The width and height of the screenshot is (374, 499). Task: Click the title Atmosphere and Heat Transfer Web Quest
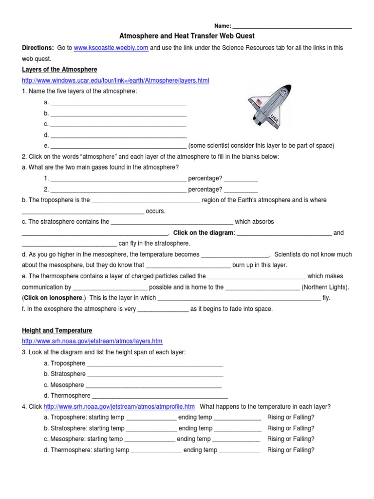point(187,36)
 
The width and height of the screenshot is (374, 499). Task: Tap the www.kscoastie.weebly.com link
point(111,48)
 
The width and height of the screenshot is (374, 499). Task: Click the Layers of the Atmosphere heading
point(59,70)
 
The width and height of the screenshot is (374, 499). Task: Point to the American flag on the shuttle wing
point(259,102)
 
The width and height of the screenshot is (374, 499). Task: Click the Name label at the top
point(222,26)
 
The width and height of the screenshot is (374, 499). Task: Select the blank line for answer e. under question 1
point(118,145)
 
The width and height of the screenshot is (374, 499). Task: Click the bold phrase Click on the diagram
point(204,233)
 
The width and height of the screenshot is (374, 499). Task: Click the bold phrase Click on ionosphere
point(54,298)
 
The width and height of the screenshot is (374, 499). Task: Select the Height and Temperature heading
point(56,330)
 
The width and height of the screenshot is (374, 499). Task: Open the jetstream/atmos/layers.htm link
point(92,341)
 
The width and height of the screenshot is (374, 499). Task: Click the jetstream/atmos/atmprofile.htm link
point(119,406)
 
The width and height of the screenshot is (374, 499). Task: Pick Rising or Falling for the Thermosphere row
point(291,450)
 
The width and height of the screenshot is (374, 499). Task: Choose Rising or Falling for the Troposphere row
point(291,418)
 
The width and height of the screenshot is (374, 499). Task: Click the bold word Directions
point(37,48)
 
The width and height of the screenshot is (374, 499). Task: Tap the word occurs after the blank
point(156,211)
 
